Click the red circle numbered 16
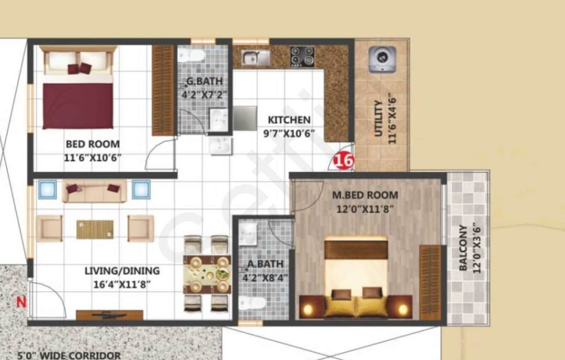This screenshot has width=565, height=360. [344, 161]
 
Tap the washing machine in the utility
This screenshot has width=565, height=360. [381, 59]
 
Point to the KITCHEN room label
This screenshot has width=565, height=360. [289, 120]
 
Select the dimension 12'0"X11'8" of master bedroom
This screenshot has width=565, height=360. [365, 209]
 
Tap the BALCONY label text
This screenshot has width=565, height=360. [463, 248]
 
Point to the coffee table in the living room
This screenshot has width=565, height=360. [95, 229]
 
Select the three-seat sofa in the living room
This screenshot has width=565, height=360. [94, 191]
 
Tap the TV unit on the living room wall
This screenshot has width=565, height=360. [109, 315]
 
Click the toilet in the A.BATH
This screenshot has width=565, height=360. [250, 304]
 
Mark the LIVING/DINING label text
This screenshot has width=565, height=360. [122, 271]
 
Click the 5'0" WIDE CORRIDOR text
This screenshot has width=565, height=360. [62, 356]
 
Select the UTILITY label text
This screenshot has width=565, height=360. [378, 119]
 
